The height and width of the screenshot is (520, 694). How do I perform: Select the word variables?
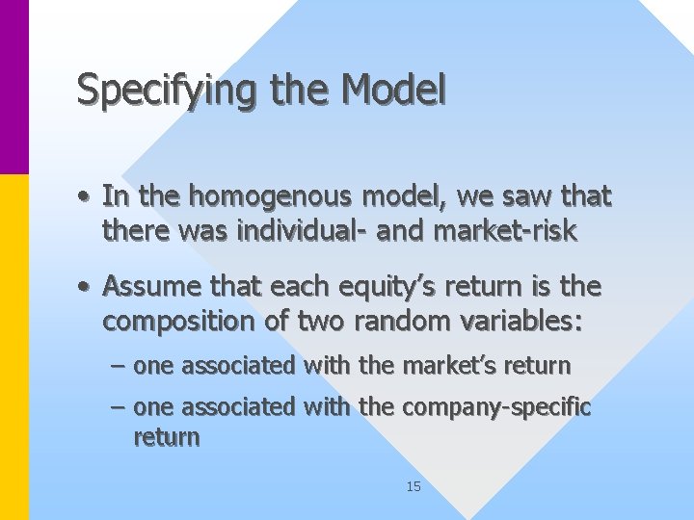click(520, 320)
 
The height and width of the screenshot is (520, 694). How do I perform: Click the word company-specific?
click(496, 407)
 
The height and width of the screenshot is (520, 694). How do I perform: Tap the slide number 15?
click(414, 487)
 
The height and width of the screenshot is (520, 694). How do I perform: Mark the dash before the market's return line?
click(117, 367)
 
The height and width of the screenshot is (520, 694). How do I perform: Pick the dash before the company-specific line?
click(117, 408)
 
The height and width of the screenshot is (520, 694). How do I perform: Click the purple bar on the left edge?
click(13, 87)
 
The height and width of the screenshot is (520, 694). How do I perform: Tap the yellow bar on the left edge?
click(13, 347)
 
